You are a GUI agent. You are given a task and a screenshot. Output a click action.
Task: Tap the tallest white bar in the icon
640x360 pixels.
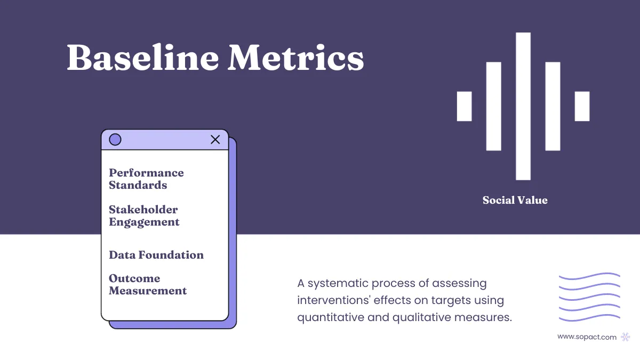(x=523, y=106)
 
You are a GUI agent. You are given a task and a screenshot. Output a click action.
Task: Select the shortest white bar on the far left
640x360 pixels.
(x=464, y=106)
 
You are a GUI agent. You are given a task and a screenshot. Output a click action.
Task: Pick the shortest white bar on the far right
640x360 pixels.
(x=582, y=106)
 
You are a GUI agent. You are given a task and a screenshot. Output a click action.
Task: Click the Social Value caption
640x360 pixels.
(x=515, y=201)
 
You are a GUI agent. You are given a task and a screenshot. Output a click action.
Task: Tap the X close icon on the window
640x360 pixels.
(x=215, y=140)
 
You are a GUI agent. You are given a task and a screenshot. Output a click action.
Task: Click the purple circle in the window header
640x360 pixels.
(x=115, y=140)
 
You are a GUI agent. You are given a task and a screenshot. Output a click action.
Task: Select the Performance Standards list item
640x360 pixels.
(x=146, y=179)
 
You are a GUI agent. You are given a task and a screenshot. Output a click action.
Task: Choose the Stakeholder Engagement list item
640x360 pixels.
(x=144, y=216)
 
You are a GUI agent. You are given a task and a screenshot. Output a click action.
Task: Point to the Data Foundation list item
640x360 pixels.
(x=156, y=255)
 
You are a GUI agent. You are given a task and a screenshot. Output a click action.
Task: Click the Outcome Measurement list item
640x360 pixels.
(x=148, y=285)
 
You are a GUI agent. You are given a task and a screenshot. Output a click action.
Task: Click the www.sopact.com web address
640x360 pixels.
(x=587, y=337)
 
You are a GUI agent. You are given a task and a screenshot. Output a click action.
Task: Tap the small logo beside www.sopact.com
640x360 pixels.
(x=626, y=337)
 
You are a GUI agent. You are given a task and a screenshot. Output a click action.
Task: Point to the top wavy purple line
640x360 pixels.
(x=589, y=276)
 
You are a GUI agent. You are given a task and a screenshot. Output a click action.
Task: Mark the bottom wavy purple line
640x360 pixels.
(x=589, y=319)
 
